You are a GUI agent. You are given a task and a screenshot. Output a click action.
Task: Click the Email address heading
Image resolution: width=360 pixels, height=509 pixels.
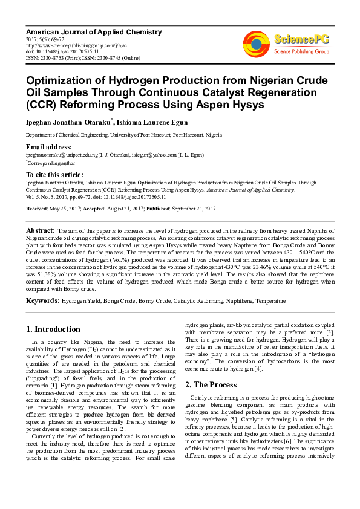click(48, 147)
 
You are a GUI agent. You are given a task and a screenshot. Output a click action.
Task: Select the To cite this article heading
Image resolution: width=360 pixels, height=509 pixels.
click(56, 173)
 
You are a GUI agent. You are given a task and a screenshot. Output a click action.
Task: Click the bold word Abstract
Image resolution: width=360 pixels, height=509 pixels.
click(41, 231)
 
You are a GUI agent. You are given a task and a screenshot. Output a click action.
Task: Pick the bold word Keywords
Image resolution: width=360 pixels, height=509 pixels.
click(42, 300)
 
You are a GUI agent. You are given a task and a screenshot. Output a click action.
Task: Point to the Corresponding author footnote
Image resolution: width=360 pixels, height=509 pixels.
click(51, 163)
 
